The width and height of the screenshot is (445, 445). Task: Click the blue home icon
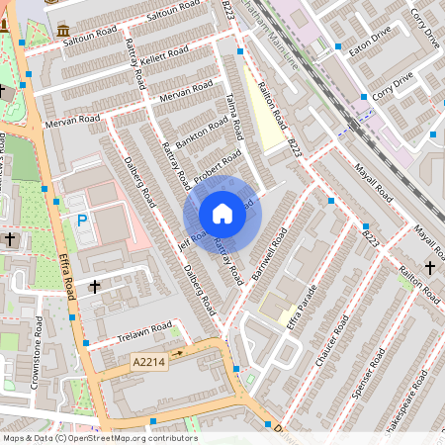pyautogui.click(x=222, y=214)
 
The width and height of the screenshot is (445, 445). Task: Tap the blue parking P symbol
pyautogui.click(x=81, y=221)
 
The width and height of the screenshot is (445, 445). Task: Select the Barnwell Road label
pyautogui.click(x=269, y=253)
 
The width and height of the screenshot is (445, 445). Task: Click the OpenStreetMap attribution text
pyautogui.click(x=99, y=437)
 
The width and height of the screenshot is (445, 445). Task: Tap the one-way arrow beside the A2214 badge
pyautogui.click(x=179, y=351)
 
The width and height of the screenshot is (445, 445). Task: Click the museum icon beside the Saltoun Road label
pyautogui.click(x=63, y=29)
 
